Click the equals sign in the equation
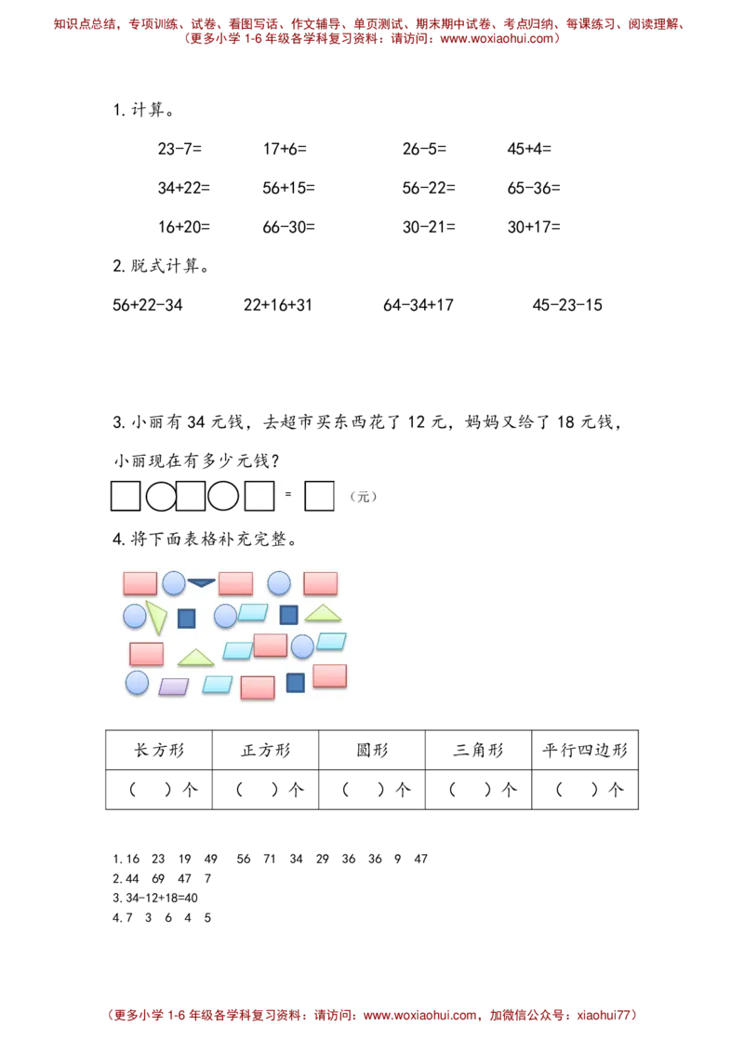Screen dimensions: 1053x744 [x=288, y=494]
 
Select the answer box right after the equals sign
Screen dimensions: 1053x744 [x=319, y=496]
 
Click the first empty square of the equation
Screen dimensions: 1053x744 [x=126, y=496]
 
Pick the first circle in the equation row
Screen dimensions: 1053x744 [x=161, y=497]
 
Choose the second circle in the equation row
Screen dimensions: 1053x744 [x=223, y=496]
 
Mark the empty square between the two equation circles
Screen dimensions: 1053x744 [x=191, y=496]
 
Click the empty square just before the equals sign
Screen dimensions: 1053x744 [x=259, y=496]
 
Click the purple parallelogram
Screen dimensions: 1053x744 [x=174, y=686]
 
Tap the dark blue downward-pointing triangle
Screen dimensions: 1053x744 [x=202, y=582]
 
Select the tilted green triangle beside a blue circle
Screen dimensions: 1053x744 [x=156, y=616]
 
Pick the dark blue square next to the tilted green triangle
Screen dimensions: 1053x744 [x=187, y=619]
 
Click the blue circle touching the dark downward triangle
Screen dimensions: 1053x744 [x=174, y=583]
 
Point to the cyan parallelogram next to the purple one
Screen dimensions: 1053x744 [x=218, y=685]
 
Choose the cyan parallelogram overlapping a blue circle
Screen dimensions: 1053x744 [x=331, y=641]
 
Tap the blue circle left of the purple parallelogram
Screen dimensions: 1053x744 [x=138, y=683]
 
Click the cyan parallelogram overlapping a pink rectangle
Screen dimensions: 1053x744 [x=238, y=650]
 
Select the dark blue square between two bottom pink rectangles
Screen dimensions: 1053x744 [x=296, y=683]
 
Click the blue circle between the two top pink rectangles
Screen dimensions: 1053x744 [x=279, y=583]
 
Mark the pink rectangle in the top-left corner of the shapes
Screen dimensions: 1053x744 [x=140, y=583]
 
